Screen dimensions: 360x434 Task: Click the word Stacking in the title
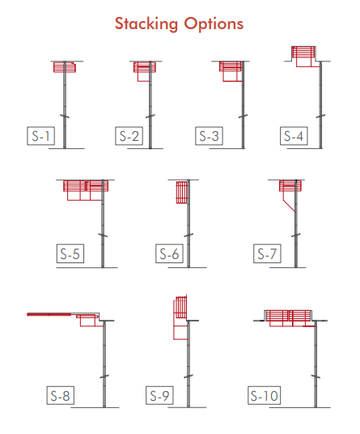[x=146, y=23]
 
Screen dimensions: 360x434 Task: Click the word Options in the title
[x=214, y=23]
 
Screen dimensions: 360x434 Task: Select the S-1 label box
[x=41, y=136]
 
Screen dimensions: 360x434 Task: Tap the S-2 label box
[x=129, y=136]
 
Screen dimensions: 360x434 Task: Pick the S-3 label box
[x=209, y=136]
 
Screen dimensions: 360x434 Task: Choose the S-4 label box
[x=294, y=136]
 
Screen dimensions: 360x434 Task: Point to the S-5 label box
[x=70, y=253]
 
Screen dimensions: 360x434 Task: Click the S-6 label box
[x=169, y=253]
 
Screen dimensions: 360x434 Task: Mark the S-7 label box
[x=267, y=253]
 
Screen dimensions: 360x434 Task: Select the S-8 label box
[x=61, y=395]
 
